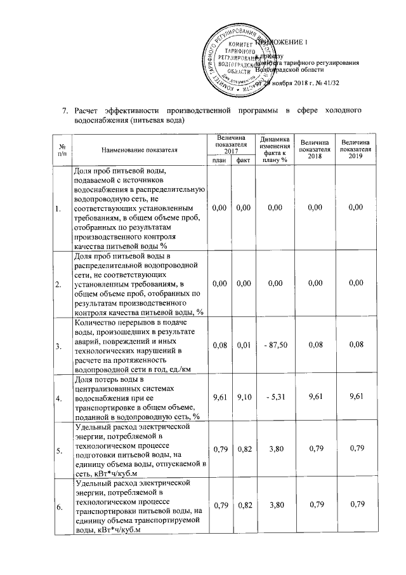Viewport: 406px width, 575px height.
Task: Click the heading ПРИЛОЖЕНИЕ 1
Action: point(281,43)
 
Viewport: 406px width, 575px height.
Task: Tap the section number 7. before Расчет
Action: point(64,112)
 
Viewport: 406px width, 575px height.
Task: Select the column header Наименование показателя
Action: point(139,149)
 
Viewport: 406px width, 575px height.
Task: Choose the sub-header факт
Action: point(242,160)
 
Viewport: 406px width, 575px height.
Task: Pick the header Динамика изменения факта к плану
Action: point(274,149)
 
